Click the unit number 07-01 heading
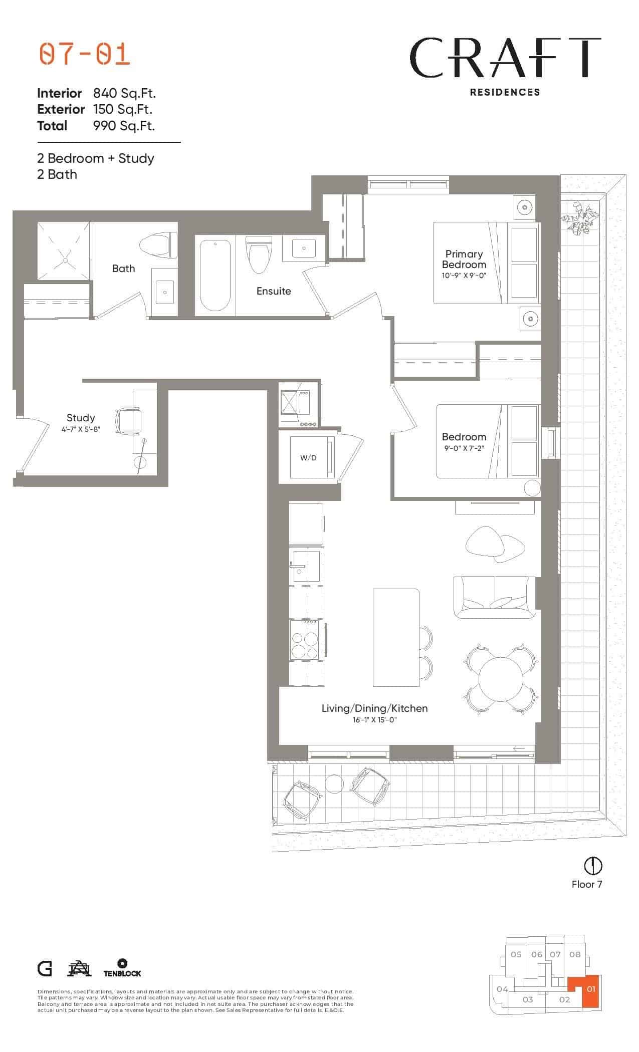[x=85, y=54]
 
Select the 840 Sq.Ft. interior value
[x=125, y=93]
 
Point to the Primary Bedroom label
[x=464, y=259]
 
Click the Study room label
[x=81, y=418]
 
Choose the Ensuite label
[x=274, y=291]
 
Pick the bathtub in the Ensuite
[x=215, y=276]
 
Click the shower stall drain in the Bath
[x=65, y=260]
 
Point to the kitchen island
[x=396, y=637]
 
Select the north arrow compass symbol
[x=593, y=865]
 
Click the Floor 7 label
[x=587, y=884]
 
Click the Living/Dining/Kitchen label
[x=374, y=708]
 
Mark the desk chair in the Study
[x=128, y=420]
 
